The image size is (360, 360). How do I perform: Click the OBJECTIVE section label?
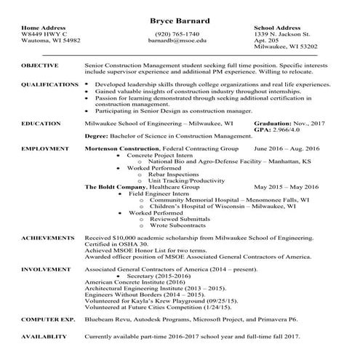pyautogui.click(x=40, y=65)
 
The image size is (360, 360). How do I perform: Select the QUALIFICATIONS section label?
pyautogui.click(x=50, y=84)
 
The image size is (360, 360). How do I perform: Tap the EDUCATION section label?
pyautogui.click(x=41, y=124)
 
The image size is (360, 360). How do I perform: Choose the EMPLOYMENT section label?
pyautogui.click(x=45, y=148)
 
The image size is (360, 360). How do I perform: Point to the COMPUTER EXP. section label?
pyautogui.click(x=48, y=319)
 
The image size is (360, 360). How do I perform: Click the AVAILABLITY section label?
pyautogui.click(x=47, y=337)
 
